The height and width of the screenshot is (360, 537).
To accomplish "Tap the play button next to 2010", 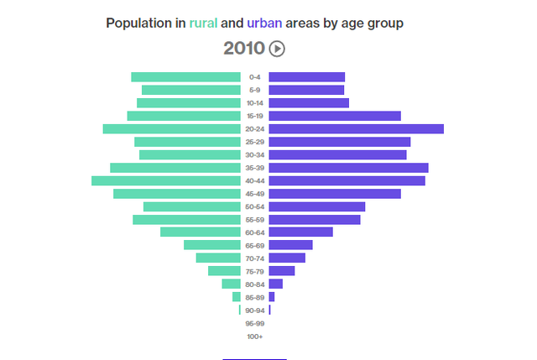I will pyautogui.click(x=277, y=49).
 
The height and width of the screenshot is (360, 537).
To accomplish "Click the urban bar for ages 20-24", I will pyautogui.click(x=356, y=128).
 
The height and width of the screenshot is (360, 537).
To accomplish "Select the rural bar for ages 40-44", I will pyautogui.click(x=166, y=180).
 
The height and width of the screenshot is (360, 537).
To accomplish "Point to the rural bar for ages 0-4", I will pyautogui.click(x=185, y=77).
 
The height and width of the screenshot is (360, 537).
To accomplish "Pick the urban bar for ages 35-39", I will pyautogui.click(x=348, y=168).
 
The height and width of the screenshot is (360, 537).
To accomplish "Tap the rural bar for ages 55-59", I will pyautogui.click(x=186, y=219).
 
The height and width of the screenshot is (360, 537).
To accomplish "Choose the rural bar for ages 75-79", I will pyautogui.click(x=224, y=271).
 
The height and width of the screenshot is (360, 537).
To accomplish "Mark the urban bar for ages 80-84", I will pyautogui.click(x=275, y=284).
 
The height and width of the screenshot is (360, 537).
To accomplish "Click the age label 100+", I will pyautogui.click(x=255, y=337).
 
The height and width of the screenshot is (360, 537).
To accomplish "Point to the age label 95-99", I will pyautogui.click(x=255, y=323).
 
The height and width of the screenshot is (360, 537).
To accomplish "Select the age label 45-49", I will pyautogui.click(x=255, y=194).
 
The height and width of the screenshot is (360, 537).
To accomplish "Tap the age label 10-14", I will pyautogui.click(x=255, y=103).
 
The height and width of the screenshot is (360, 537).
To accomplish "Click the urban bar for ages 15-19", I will pyautogui.click(x=335, y=116).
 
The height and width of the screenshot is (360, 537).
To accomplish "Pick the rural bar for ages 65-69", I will pyautogui.click(x=212, y=245).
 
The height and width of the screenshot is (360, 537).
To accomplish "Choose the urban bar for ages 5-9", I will pyautogui.click(x=306, y=90).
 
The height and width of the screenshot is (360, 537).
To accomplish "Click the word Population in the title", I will pyautogui.click(x=138, y=23).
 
